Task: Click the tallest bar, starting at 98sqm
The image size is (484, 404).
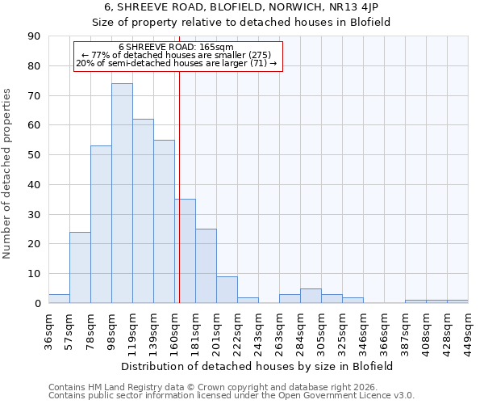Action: point(122,193)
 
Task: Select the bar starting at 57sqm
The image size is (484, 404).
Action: point(80,267)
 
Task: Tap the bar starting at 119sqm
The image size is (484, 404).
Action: point(143,211)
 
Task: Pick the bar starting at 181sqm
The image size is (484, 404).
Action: point(206,266)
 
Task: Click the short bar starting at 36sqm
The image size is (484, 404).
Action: point(59,299)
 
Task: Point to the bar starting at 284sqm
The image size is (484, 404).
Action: point(311,296)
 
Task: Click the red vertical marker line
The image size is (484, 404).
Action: point(179,202)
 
